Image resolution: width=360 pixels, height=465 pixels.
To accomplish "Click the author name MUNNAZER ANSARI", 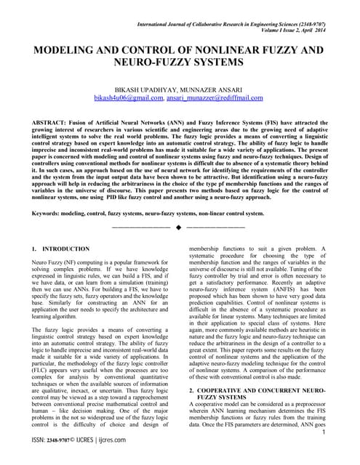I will [214, 86].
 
